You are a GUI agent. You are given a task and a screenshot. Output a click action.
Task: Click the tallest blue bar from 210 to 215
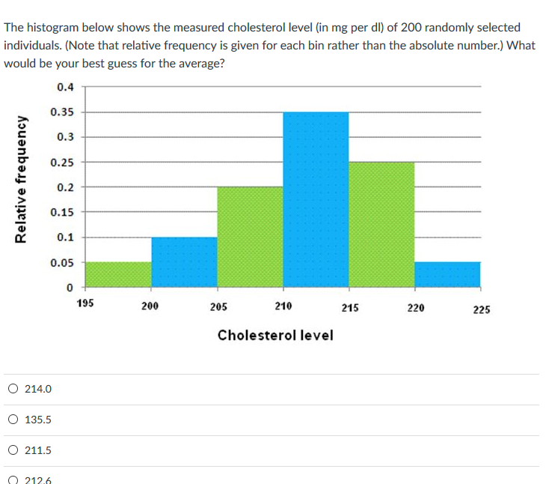pyautogui.click(x=316, y=199)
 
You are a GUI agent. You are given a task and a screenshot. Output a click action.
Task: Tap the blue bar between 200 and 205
pyautogui.click(x=184, y=261)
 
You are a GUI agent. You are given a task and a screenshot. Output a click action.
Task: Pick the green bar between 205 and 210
pyautogui.click(x=250, y=237)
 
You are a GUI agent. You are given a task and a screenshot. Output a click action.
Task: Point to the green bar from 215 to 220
pyautogui.click(x=381, y=224)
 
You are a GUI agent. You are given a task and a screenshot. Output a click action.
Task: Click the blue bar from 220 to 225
pyautogui.click(x=447, y=274)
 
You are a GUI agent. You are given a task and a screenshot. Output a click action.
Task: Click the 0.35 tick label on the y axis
pyautogui.click(x=62, y=112)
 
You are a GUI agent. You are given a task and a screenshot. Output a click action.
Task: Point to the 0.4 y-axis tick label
pyautogui.click(x=65, y=87)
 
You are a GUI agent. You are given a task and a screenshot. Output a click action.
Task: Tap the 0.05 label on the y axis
pyautogui.click(x=62, y=263)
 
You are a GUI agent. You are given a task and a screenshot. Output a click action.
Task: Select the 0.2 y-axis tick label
pyautogui.click(x=65, y=187)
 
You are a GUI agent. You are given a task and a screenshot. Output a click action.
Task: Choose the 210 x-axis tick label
pyautogui.click(x=283, y=306)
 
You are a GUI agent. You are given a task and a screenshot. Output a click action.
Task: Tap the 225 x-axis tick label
pyautogui.click(x=481, y=309)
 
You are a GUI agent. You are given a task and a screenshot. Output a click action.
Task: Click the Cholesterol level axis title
pyautogui.click(x=275, y=335)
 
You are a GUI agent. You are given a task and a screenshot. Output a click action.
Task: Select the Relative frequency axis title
pyautogui.click(x=21, y=179)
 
